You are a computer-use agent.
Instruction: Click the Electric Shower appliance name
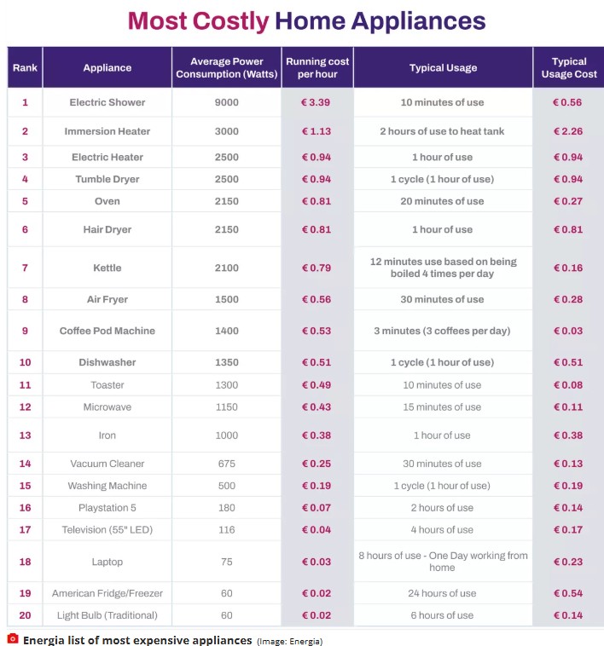[107, 102]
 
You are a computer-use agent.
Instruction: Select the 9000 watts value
[226, 102]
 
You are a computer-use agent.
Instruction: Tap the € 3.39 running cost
[317, 102]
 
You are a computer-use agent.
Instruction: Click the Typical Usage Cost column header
[568, 67]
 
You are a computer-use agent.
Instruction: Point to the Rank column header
[25, 67]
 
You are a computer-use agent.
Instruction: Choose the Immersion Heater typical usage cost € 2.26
[567, 131]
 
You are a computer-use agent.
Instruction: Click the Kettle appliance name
[107, 268]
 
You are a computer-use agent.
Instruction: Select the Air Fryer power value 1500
[226, 299]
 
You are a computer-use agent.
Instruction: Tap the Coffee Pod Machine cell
[107, 331]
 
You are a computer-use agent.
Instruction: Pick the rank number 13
[25, 435]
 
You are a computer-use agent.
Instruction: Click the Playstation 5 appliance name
[107, 508]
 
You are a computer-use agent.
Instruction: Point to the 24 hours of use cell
[442, 593]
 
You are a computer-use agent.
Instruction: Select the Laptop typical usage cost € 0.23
[567, 562]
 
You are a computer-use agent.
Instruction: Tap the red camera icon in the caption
[13, 638]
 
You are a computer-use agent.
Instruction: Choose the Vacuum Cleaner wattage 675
[226, 464]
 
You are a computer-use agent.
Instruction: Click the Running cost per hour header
[317, 67]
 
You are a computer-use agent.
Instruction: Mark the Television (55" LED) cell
[107, 530]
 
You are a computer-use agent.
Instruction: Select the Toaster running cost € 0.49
[317, 385]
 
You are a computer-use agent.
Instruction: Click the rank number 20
[25, 615]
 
